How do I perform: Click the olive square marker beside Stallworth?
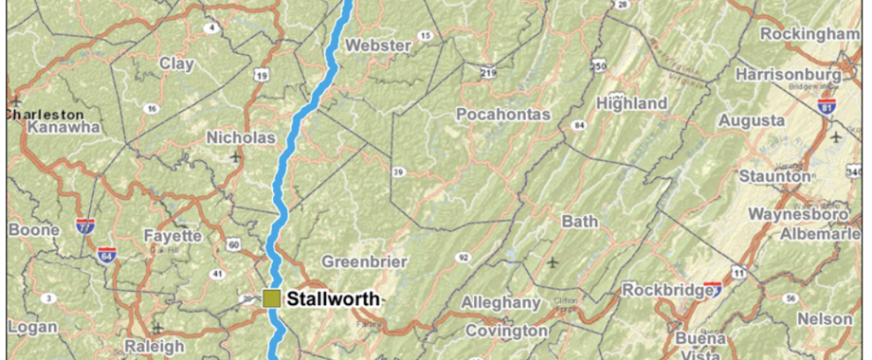pos(272,298)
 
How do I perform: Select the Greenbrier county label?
pos(364,261)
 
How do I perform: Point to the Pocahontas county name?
pos(503,115)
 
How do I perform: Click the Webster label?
pos(378,45)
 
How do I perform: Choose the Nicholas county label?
pos(242,137)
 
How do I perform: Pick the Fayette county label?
pos(173,235)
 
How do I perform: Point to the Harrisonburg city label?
pos(787,73)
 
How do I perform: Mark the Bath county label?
pos(580,222)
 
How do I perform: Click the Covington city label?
pos(506,332)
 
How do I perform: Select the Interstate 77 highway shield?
pos(86,226)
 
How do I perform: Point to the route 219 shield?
pos(489,73)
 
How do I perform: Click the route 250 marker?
pos(598,64)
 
